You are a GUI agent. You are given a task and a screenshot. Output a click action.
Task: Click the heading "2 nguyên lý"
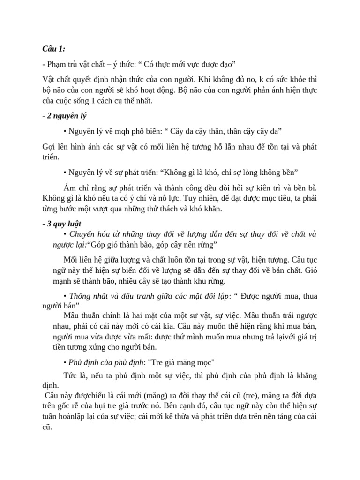coord(67,115)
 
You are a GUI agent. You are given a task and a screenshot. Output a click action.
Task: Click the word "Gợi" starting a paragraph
coord(49,147)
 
